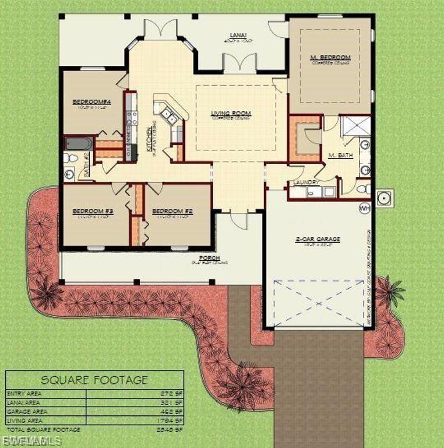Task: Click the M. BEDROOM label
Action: click(x=330, y=57)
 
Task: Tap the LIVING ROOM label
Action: click(x=231, y=113)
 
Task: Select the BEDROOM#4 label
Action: click(x=91, y=102)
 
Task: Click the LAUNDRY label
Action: click(x=305, y=183)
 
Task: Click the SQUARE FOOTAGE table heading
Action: click(x=94, y=380)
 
